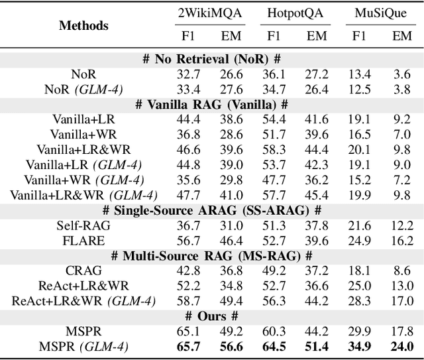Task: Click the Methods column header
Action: (83, 26)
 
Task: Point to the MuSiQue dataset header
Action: (378, 13)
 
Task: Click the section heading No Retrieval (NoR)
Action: (212, 60)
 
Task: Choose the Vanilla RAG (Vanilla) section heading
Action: (212, 105)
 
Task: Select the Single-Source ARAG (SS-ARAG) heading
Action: (212, 210)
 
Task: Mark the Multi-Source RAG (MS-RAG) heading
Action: (212, 255)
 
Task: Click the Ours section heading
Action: (212, 316)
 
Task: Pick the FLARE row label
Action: (83, 240)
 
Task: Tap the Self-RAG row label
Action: (83, 225)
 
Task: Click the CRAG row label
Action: (83, 270)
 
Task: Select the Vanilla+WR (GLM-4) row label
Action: (83, 180)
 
